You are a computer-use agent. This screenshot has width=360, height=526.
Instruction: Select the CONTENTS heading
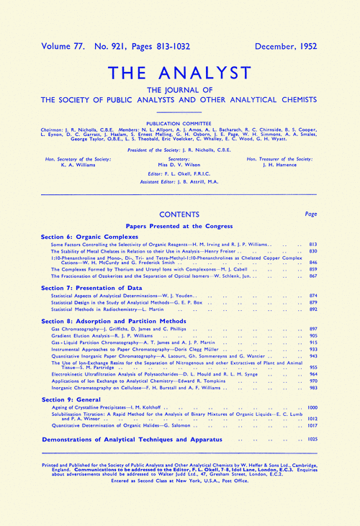pyautogui.click(x=180, y=214)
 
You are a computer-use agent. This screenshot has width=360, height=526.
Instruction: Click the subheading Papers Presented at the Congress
pyautogui.click(x=180, y=225)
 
